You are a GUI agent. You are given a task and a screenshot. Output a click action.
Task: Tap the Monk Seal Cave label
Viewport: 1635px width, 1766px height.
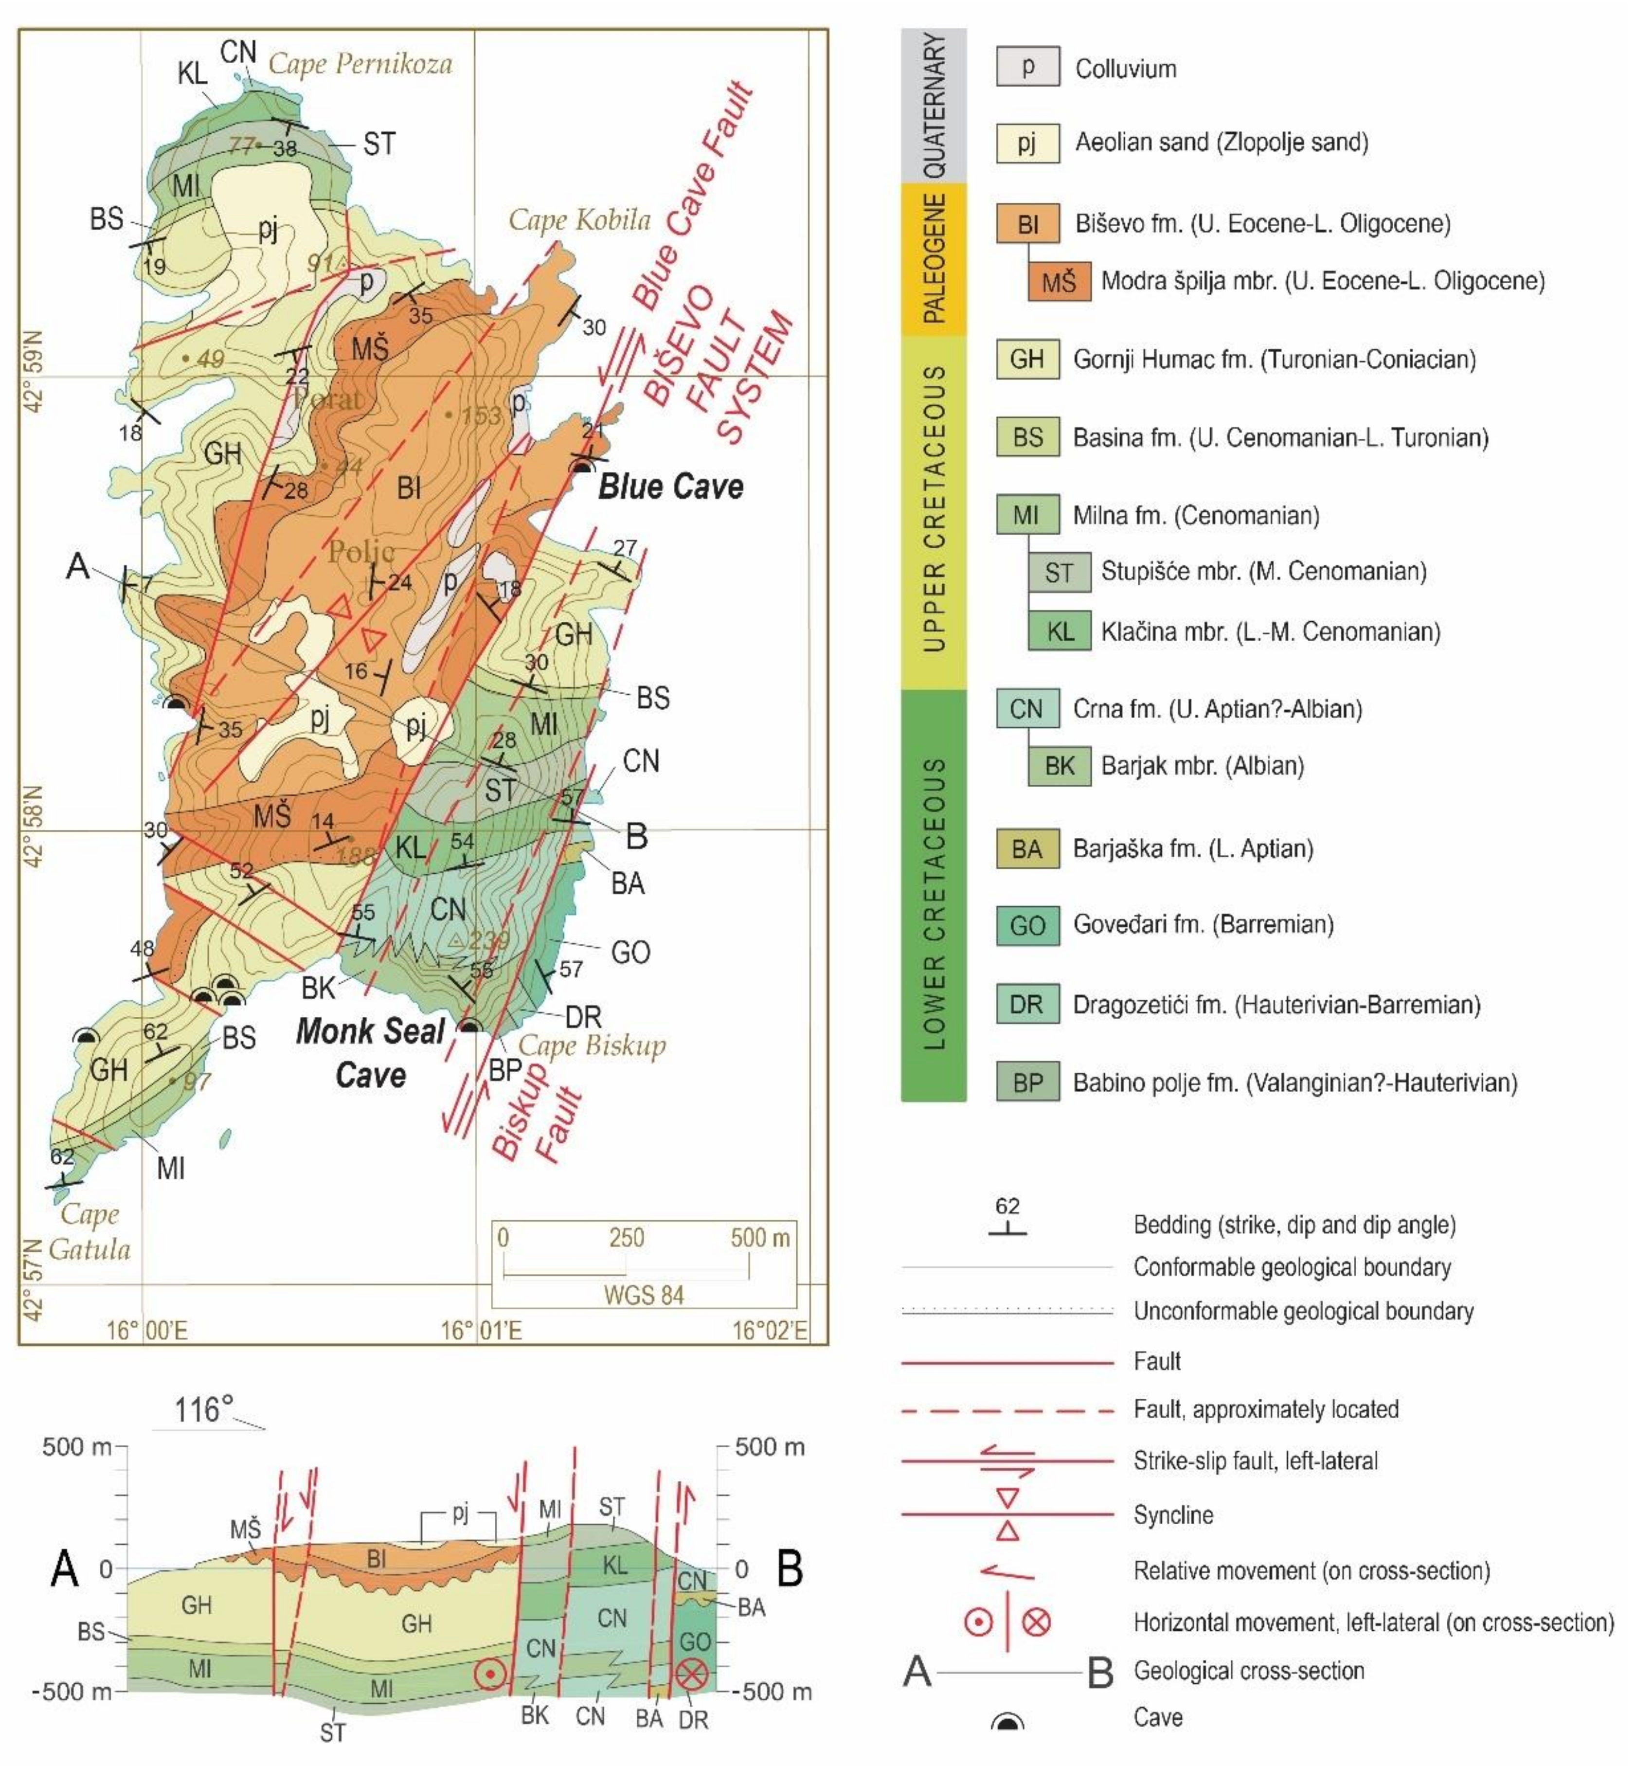pos(370,1053)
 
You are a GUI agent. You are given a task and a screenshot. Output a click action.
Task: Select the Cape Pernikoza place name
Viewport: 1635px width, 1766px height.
pos(360,64)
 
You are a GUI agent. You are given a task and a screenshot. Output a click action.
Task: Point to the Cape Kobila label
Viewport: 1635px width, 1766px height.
pos(579,219)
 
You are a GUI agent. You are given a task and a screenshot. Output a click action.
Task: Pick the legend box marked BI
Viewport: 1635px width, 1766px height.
pos(1027,224)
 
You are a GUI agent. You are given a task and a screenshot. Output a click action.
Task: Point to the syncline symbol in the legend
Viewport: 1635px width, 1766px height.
pos(1008,1514)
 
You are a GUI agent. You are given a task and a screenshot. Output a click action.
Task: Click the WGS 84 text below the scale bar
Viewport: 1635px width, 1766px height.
pos(643,1295)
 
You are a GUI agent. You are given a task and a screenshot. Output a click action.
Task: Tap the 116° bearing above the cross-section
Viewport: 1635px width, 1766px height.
pos(204,1409)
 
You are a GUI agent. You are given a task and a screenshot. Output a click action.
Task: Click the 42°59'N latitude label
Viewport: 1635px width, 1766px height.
pos(33,372)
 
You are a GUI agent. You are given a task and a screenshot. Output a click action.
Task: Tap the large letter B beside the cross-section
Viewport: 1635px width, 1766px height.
pos(789,1568)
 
